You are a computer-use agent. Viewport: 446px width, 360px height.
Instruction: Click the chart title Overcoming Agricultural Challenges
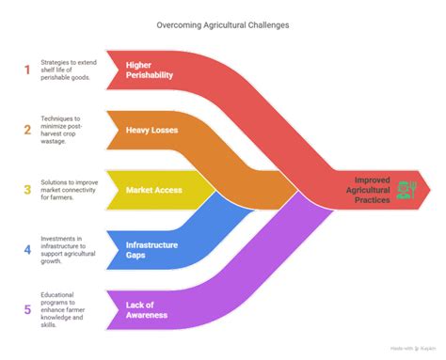click(222, 25)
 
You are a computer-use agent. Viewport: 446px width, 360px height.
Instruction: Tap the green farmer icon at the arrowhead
click(406, 190)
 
